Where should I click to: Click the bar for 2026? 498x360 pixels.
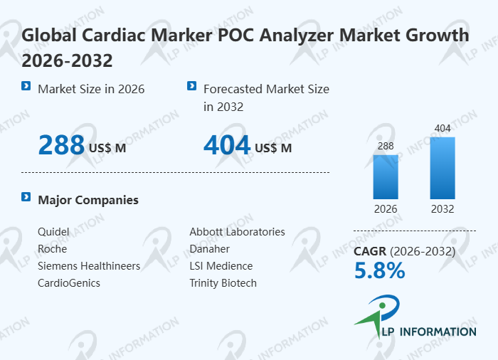click(x=386, y=176)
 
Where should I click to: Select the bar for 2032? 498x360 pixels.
click(x=443, y=168)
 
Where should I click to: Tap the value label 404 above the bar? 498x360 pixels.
click(x=443, y=128)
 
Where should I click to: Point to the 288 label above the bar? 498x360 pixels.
click(x=386, y=146)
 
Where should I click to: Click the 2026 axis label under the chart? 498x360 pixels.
click(x=386, y=209)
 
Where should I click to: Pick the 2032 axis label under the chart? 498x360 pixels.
click(x=443, y=209)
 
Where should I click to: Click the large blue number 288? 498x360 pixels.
click(x=61, y=145)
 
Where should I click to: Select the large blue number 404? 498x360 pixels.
click(x=227, y=145)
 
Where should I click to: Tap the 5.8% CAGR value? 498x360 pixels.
click(x=379, y=270)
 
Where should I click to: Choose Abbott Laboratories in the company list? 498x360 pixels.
click(x=237, y=232)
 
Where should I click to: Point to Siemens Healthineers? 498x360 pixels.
click(x=89, y=266)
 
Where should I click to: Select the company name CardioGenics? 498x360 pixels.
click(x=69, y=283)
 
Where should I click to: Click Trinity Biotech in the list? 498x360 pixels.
click(x=223, y=283)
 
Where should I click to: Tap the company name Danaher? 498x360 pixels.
click(x=209, y=249)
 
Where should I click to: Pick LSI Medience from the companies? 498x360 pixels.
click(x=221, y=266)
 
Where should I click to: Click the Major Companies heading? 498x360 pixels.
click(x=88, y=200)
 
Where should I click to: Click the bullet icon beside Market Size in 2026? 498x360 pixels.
click(x=26, y=86)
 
